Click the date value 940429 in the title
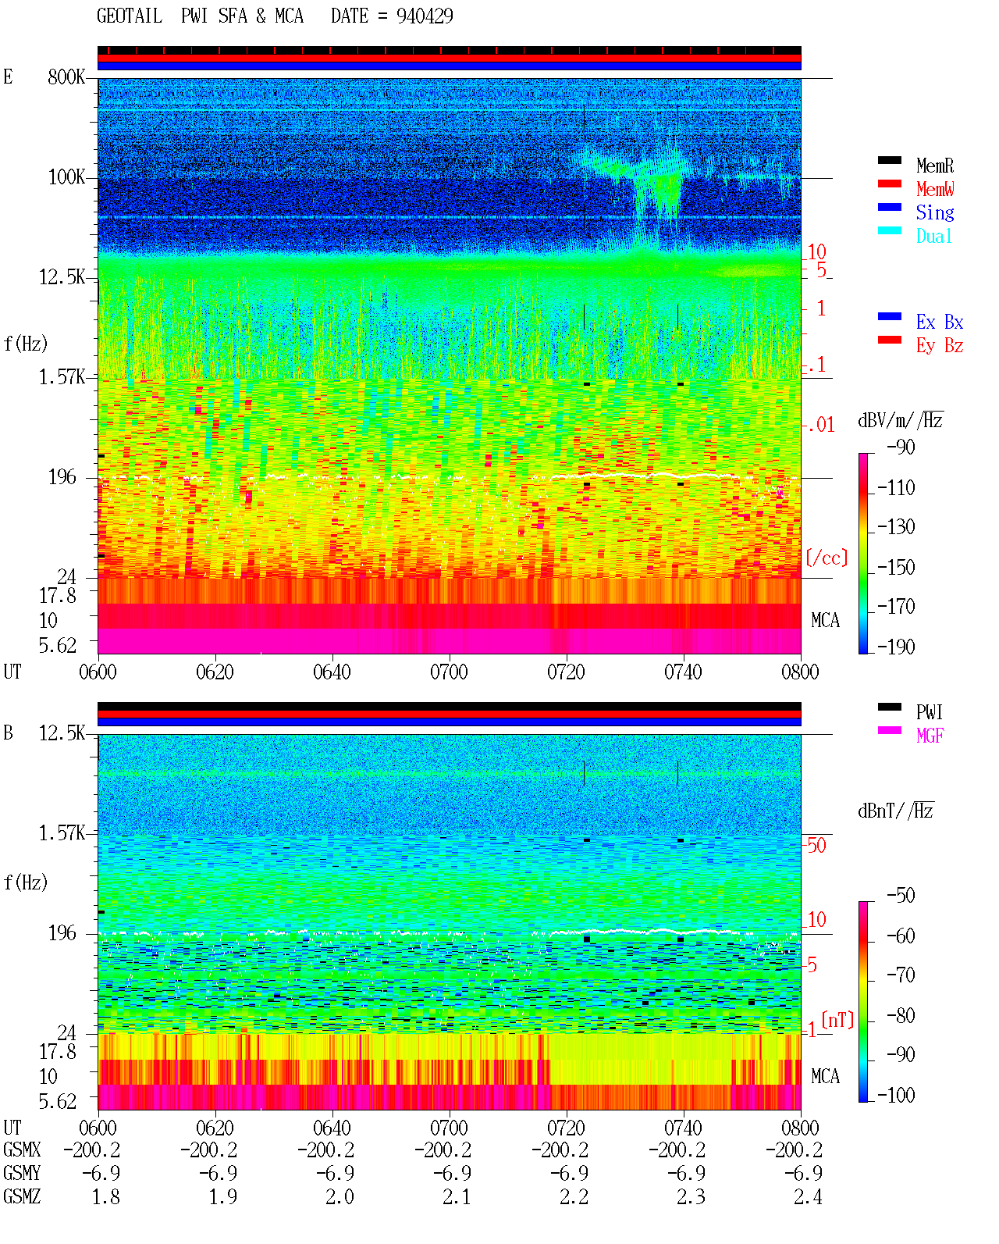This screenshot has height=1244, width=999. [x=424, y=16]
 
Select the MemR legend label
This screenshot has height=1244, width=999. [x=934, y=166]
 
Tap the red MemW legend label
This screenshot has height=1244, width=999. [x=935, y=189]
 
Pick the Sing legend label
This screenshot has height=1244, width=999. [x=934, y=212]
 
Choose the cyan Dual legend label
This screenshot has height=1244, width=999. [x=933, y=236]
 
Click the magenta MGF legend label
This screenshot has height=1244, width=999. [x=930, y=736]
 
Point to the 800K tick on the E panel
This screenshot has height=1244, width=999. [x=66, y=77]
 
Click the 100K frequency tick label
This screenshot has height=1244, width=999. [x=66, y=177]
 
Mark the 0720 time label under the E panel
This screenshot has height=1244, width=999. [x=566, y=672]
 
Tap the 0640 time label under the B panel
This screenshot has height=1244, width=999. [x=332, y=1127]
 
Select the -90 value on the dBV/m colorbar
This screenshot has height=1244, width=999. [x=901, y=447]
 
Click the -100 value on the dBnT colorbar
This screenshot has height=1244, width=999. [x=896, y=1095]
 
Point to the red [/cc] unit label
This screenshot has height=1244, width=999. [x=827, y=558]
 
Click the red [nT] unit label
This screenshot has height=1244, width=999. [x=837, y=1020]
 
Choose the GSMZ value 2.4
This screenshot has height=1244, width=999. [x=808, y=1196]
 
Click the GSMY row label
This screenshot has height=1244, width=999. [x=22, y=1173]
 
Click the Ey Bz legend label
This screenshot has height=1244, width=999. [x=940, y=345]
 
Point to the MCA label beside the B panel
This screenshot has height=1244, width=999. [x=825, y=1076]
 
